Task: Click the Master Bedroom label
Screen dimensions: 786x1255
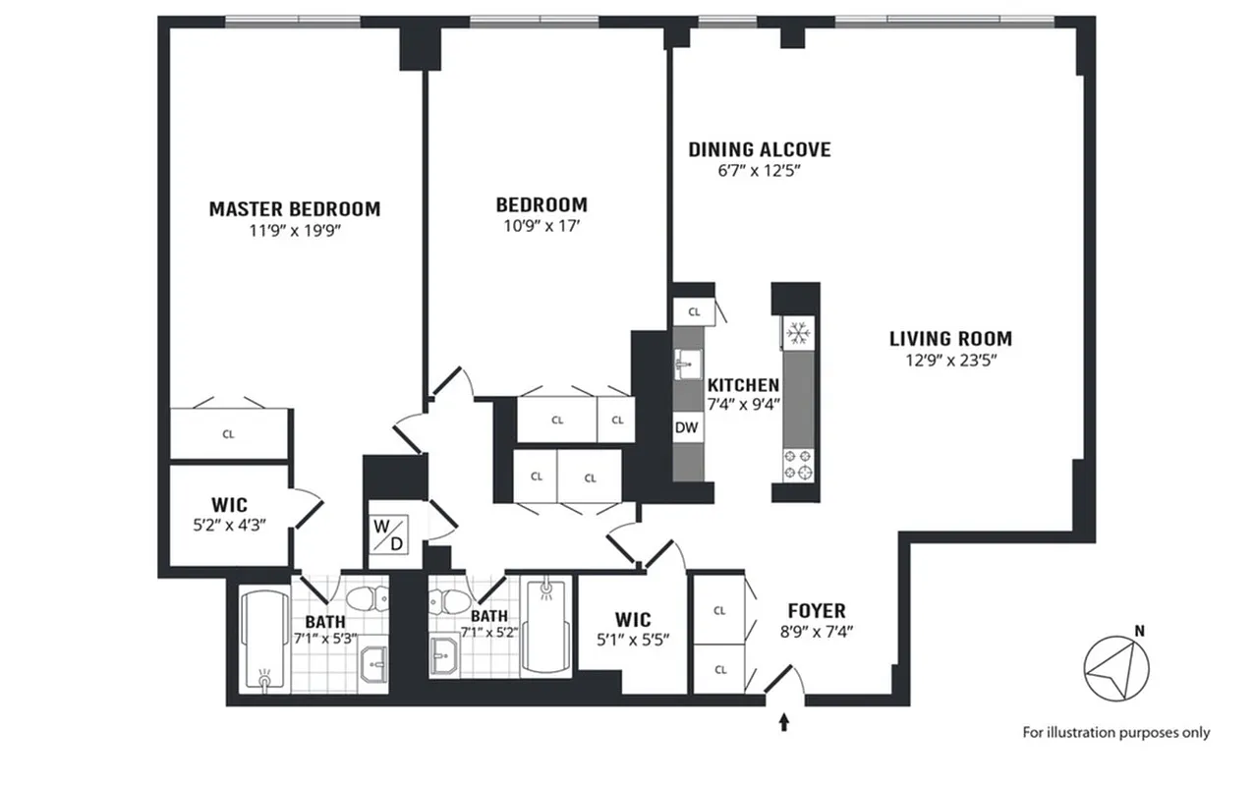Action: coord(294,208)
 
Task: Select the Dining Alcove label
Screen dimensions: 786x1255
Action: coord(759,149)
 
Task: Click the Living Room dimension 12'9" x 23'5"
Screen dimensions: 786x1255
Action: coord(950,360)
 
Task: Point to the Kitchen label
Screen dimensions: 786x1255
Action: coord(744,385)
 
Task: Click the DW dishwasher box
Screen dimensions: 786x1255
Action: coord(686,427)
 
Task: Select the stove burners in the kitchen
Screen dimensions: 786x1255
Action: coord(797,464)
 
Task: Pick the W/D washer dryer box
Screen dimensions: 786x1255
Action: coord(386,534)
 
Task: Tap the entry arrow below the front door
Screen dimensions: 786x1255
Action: coord(783,724)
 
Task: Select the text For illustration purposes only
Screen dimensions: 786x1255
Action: coord(1115,732)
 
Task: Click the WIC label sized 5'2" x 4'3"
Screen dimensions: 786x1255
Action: coord(228,506)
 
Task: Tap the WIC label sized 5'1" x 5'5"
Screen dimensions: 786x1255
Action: coord(633,620)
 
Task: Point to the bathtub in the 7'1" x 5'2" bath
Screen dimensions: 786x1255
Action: coord(543,626)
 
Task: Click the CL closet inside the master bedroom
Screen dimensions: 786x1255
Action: coord(228,433)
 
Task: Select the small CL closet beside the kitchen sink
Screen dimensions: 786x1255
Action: coord(694,311)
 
